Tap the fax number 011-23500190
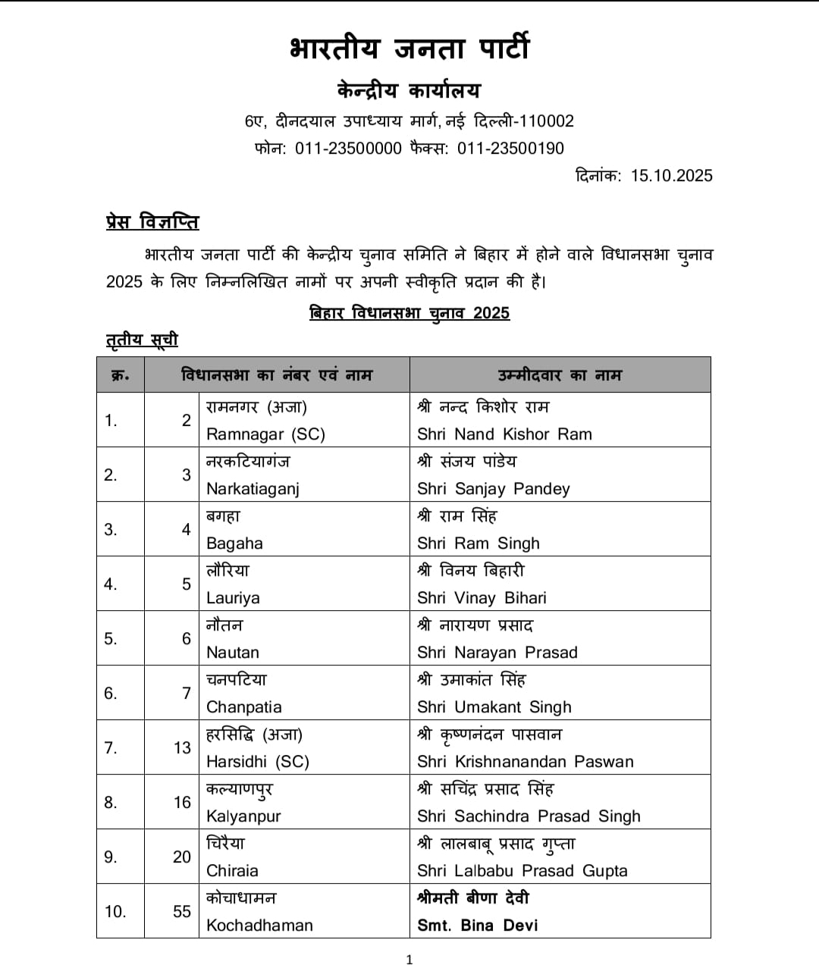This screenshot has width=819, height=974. pyautogui.click(x=510, y=149)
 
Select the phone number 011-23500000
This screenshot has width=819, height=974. pyautogui.click(x=348, y=149)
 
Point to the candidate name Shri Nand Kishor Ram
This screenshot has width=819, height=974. pyautogui.click(x=504, y=434)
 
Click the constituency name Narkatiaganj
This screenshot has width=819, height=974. pyautogui.click(x=253, y=489)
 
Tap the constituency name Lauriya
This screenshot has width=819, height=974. pyautogui.click(x=233, y=598)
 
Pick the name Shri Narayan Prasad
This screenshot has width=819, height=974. pyautogui.click(x=497, y=653)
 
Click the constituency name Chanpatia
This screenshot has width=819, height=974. pyautogui.click(x=243, y=707)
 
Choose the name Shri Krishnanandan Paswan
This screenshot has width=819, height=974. pyautogui.click(x=525, y=762)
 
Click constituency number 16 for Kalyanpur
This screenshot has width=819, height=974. pyautogui.click(x=182, y=803)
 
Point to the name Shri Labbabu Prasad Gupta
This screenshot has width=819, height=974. pyautogui.click(x=522, y=871)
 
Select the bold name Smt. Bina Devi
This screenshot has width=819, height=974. pyautogui.click(x=477, y=925)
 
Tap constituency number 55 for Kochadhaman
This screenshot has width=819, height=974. pyautogui.click(x=182, y=912)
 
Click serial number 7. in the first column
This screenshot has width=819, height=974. pyautogui.click(x=111, y=748)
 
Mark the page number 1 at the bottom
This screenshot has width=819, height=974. pyautogui.click(x=409, y=960)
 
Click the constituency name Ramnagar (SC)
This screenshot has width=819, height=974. pyautogui.click(x=265, y=434)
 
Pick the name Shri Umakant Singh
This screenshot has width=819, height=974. pyautogui.click(x=494, y=707)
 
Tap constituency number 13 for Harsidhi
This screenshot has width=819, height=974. pyautogui.click(x=182, y=748)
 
